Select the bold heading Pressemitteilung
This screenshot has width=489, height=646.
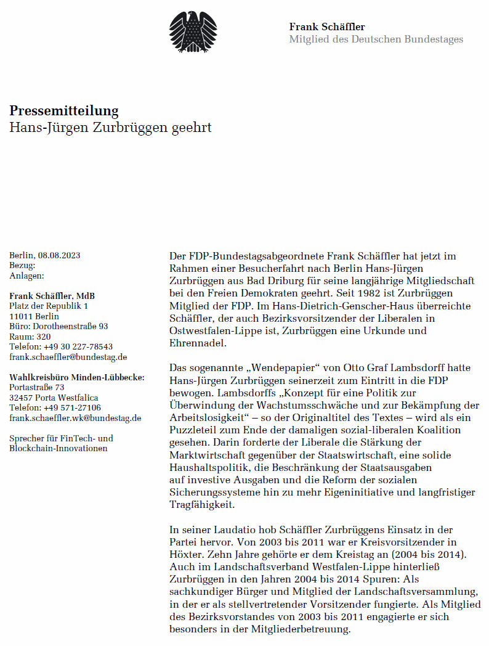[x=64, y=111]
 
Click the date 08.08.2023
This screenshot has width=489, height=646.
[x=59, y=255]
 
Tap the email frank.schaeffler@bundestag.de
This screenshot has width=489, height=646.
[x=68, y=357]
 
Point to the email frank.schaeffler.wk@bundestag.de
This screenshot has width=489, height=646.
[x=75, y=418]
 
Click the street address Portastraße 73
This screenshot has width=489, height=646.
[x=37, y=387]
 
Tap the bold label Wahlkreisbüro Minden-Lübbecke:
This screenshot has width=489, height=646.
[x=77, y=377]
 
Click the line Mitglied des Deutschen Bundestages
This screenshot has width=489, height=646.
[x=376, y=39]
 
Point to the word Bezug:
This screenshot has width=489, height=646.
[x=23, y=266]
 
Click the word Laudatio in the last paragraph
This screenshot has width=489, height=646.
[x=234, y=530]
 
